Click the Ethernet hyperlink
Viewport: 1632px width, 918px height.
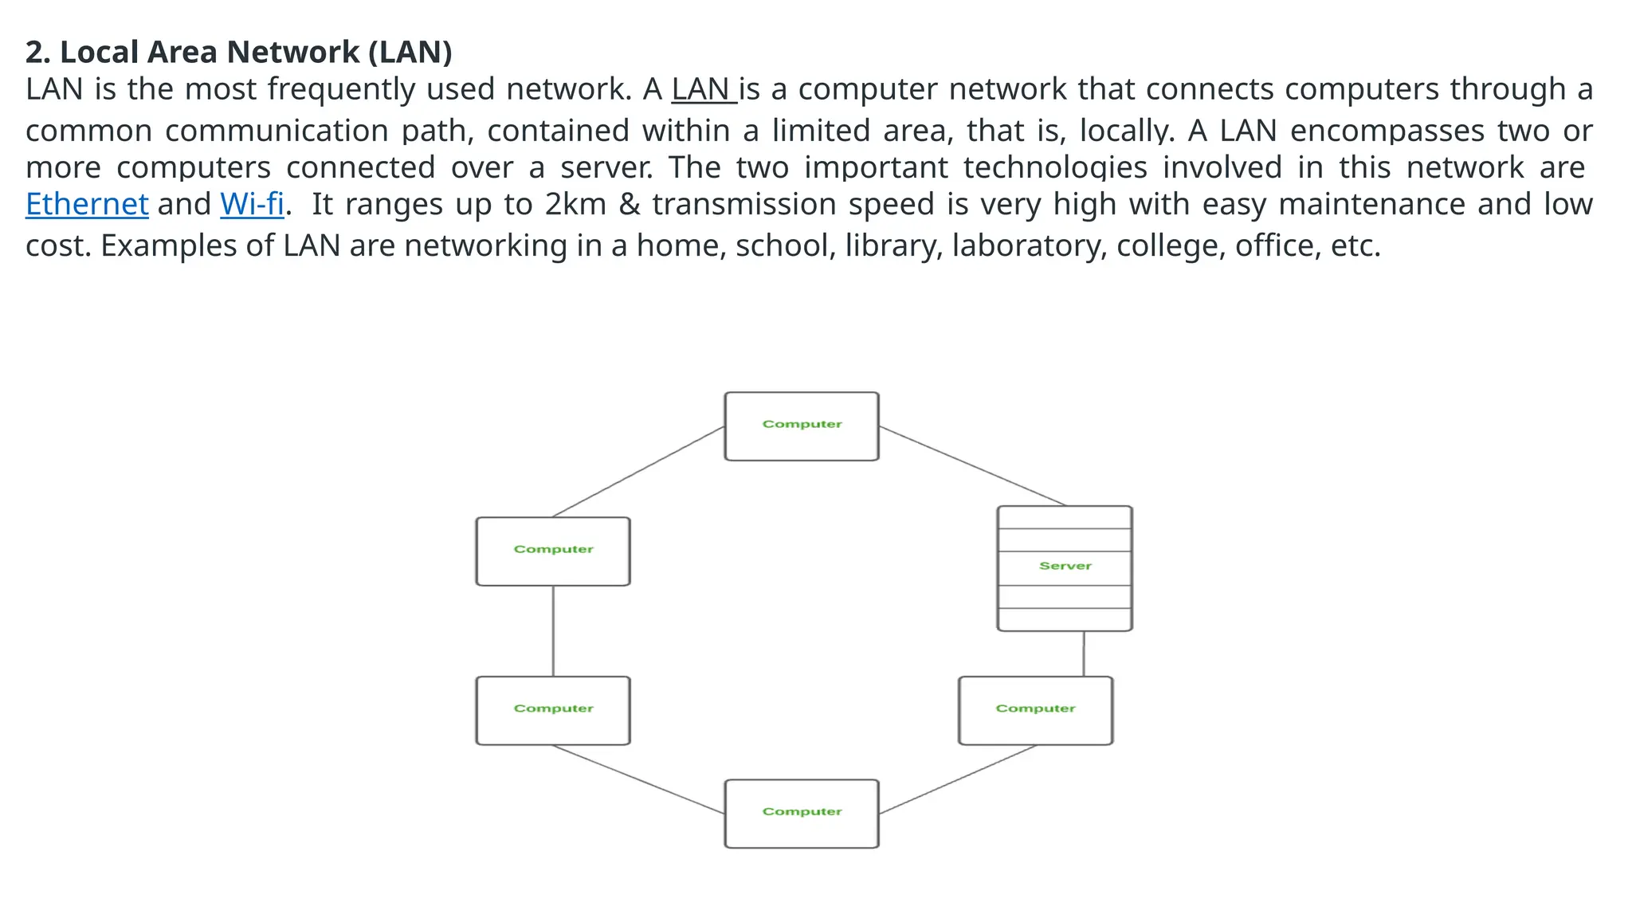[x=87, y=205]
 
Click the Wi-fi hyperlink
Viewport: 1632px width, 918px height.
[x=252, y=205]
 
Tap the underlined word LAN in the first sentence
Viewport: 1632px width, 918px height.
[x=701, y=89]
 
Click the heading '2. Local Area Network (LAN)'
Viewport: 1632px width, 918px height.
[x=238, y=53]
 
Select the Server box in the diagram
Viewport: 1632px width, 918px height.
[x=1065, y=567]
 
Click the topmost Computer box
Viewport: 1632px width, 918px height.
[x=802, y=426]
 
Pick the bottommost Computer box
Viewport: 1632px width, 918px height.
[x=802, y=814]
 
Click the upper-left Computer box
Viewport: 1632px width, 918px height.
[x=553, y=551]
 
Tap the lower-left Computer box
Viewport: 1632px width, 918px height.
[x=553, y=710]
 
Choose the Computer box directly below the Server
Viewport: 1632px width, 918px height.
[x=1035, y=710]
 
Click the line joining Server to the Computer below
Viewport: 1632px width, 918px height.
[x=1084, y=653]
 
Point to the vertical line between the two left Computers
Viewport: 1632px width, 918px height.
[x=553, y=630]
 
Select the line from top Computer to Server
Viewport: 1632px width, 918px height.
[x=972, y=465]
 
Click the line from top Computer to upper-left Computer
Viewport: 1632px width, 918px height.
[x=637, y=472]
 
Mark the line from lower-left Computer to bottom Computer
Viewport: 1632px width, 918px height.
[x=637, y=779]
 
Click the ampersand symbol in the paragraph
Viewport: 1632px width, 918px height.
[x=630, y=205]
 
